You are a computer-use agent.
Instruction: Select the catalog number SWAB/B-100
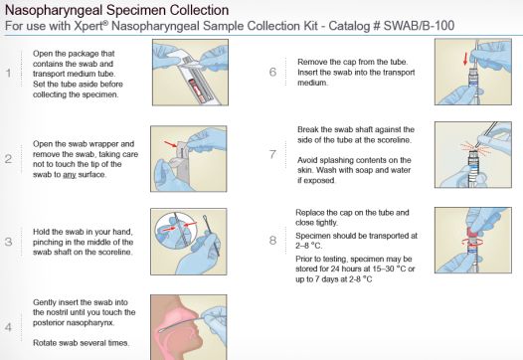[420, 26]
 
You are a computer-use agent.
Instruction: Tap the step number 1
[9, 73]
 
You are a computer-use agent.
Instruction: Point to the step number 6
[272, 72]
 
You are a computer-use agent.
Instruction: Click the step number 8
[272, 241]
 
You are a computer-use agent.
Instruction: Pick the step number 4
[8, 327]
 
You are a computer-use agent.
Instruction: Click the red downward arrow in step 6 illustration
[465, 59]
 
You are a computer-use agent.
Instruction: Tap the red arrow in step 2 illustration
[171, 144]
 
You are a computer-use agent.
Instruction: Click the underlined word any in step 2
[70, 175]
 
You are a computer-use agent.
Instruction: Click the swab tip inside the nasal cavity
[161, 330]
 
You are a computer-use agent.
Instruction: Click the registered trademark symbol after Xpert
[105, 22]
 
